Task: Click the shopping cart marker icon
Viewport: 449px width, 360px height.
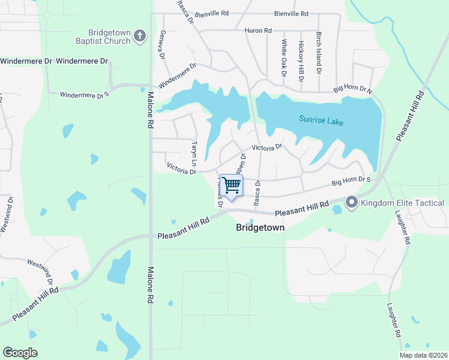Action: click(x=231, y=184)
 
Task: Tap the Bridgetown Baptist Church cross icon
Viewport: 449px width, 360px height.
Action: click(x=139, y=36)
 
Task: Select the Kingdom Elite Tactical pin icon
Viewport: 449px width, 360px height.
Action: click(x=352, y=203)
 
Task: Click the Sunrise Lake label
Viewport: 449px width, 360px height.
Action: click(x=322, y=121)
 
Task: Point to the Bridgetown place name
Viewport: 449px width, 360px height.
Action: click(x=260, y=228)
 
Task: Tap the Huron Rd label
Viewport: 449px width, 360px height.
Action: click(x=258, y=30)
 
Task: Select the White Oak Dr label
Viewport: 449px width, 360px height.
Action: click(x=284, y=58)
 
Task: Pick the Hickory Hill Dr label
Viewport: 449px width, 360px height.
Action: click(x=301, y=59)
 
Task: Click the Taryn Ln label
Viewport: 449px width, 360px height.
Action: click(x=194, y=155)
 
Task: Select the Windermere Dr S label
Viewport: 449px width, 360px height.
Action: click(x=85, y=94)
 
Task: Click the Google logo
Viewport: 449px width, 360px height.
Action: click(x=20, y=353)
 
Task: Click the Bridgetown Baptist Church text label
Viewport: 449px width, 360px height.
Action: click(x=109, y=36)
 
